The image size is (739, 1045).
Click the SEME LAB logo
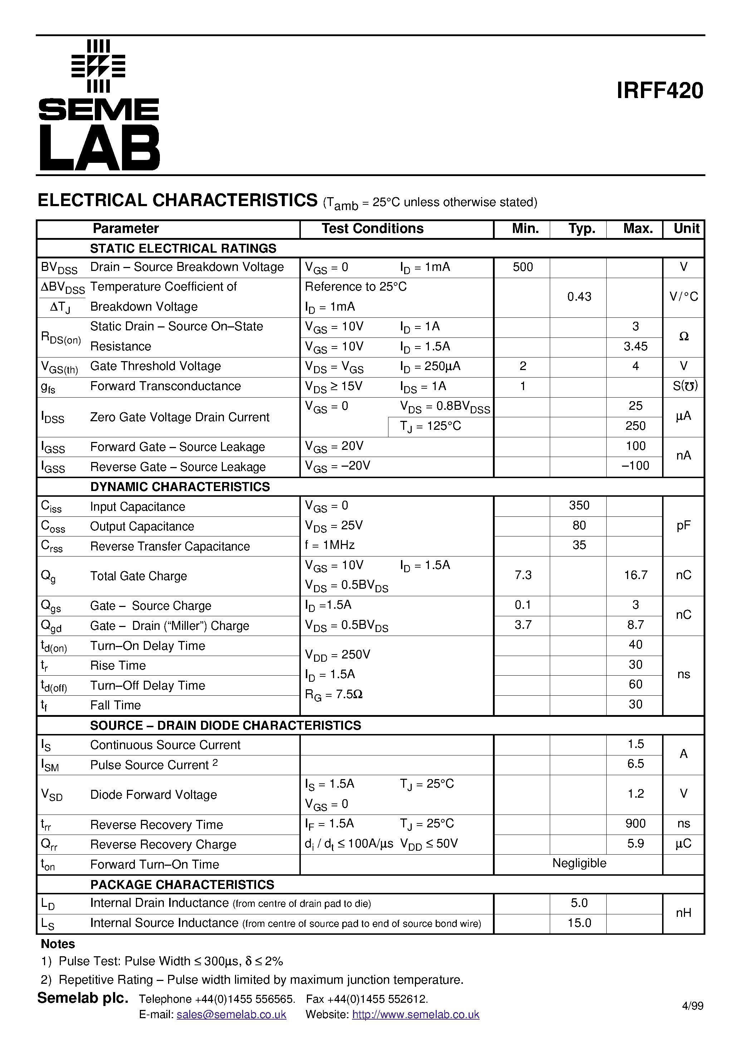click(99, 106)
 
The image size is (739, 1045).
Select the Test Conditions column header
click(372, 228)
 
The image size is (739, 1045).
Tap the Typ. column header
click(582, 228)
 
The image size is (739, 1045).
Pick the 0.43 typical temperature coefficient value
click(579, 297)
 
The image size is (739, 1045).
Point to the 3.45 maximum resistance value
click(635, 346)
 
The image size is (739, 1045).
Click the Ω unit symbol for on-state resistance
click(683, 336)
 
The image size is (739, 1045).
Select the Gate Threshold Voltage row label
click(155, 366)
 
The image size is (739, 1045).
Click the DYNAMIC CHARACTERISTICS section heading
click(180, 487)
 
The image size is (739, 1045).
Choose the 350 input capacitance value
click(579, 505)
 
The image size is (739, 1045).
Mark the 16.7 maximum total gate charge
click(635, 575)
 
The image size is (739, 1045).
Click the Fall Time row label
click(115, 705)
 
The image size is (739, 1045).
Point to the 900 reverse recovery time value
click(635, 823)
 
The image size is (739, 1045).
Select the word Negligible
click(579, 863)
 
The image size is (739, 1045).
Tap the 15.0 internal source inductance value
click(579, 923)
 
